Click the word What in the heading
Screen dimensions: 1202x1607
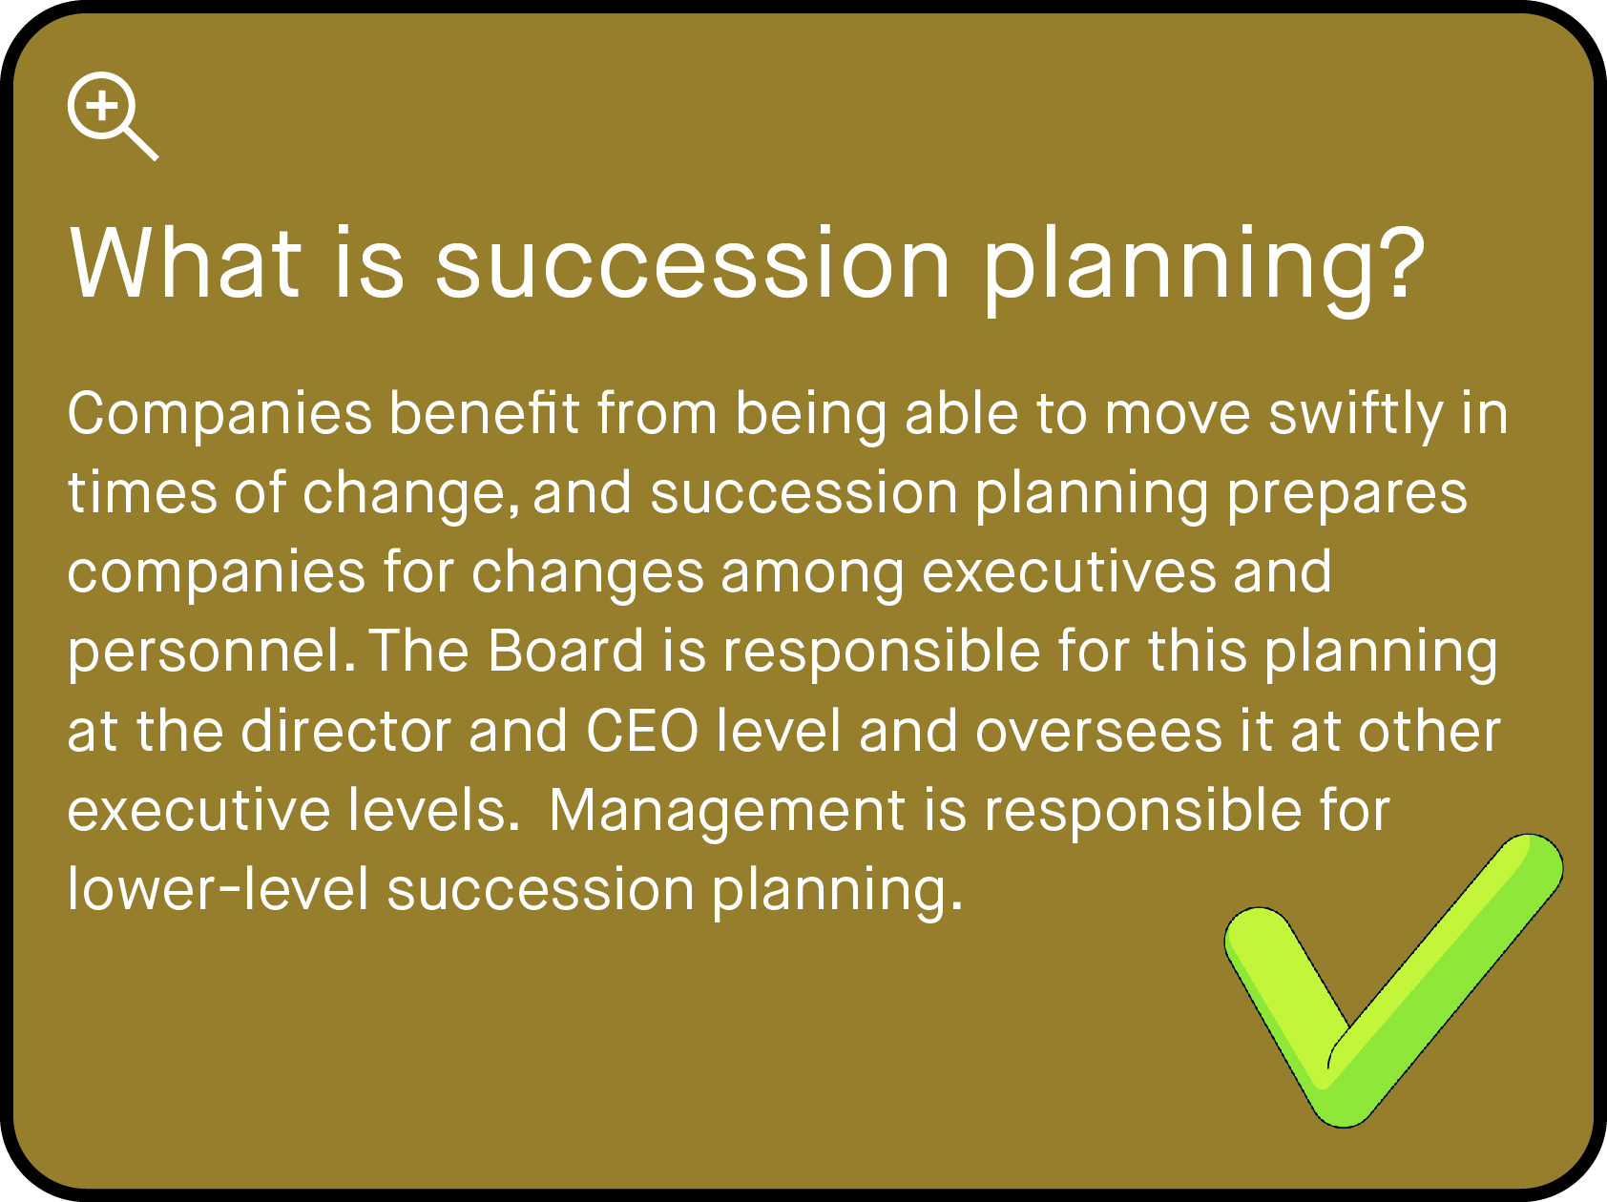(x=185, y=262)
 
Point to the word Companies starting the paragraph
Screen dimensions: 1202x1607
(x=219, y=415)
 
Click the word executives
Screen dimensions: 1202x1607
(x=1068, y=573)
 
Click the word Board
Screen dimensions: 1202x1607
(x=566, y=653)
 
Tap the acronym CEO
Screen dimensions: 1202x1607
(x=642, y=732)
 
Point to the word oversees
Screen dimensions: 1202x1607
(x=1098, y=732)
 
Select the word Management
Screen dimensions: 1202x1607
(x=726, y=811)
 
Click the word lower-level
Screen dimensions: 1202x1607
(x=218, y=890)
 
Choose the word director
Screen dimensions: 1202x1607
(x=345, y=732)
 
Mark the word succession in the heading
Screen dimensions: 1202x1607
(x=693, y=262)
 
